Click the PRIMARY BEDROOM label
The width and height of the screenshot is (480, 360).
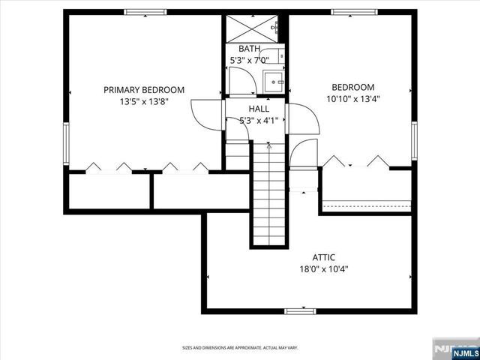pyautogui.click(x=144, y=90)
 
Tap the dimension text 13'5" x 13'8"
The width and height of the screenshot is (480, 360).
pyautogui.click(x=144, y=101)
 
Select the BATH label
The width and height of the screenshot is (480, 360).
pyautogui.click(x=250, y=49)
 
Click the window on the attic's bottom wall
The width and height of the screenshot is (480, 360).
pyautogui.click(x=300, y=310)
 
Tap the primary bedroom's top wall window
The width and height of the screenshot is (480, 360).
pyautogui.click(x=145, y=12)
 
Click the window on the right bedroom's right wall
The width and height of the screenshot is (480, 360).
pyautogui.click(x=413, y=139)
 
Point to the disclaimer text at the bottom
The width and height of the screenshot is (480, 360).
pyautogui.click(x=239, y=347)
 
